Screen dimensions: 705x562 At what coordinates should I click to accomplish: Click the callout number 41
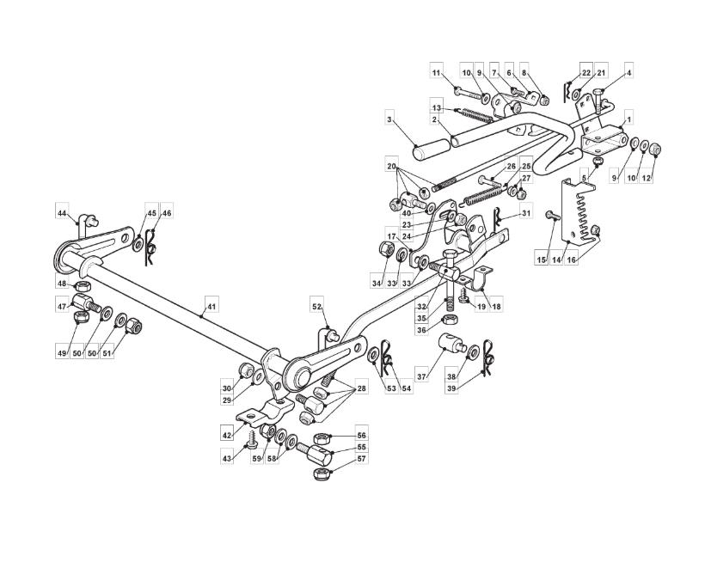tap(211, 307)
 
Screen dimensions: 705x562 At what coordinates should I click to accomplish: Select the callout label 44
tap(62, 212)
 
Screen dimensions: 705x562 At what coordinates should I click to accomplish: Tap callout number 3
tap(389, 119)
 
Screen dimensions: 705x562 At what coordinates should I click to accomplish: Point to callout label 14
tap(557, 260)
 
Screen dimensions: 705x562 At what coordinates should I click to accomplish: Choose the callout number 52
tap(317, 307)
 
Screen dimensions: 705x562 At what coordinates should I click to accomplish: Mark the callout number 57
tap(361, 459)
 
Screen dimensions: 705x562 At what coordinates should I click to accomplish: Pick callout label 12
tap(646, 178)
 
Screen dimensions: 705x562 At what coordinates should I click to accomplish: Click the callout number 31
tap(524, 212)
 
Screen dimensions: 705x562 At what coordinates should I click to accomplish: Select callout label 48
tap(62, 284)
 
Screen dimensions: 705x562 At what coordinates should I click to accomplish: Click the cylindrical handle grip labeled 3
tap(432, 150)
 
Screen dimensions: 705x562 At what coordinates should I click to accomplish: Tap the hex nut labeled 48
tap(83, 285)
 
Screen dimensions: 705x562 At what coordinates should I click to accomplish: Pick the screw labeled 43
tap(252, 440)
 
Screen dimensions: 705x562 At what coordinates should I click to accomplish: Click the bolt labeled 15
tap(552, 215)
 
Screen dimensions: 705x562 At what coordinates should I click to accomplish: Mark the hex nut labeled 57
tap(320, 474)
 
